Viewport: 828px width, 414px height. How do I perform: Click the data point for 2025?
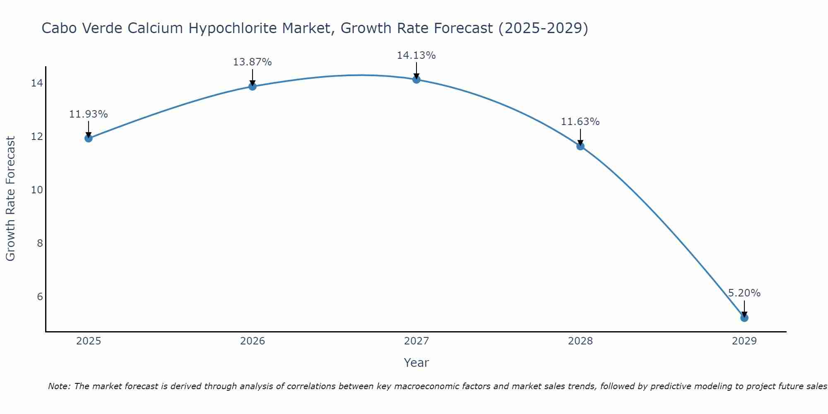[88, 138]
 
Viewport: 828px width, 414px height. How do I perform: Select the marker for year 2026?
[252, 86]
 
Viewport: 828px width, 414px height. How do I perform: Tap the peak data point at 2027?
[416, 79]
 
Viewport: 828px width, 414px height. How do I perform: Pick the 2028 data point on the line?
[580, 146]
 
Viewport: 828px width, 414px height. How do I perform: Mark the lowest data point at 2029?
[744, 318]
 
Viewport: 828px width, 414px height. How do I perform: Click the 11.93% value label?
[88, 114]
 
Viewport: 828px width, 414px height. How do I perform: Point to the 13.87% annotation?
[252, 62]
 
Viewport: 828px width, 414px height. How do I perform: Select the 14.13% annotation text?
[416, 55]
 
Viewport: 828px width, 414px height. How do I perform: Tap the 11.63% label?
[580, 122]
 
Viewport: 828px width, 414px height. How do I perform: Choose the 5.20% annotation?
[744, 293]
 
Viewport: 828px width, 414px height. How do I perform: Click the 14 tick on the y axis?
[36, 83]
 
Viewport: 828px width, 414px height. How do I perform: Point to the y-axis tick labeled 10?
[36, 190]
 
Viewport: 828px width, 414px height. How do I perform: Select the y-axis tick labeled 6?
[40, 296]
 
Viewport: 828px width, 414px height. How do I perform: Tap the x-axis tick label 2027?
[416, 341]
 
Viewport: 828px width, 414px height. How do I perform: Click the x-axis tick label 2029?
[744, 341]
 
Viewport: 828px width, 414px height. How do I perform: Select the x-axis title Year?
[416, 363]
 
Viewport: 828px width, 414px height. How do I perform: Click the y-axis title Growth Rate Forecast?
[11, 199]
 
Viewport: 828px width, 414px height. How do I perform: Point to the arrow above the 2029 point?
[744, 308]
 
